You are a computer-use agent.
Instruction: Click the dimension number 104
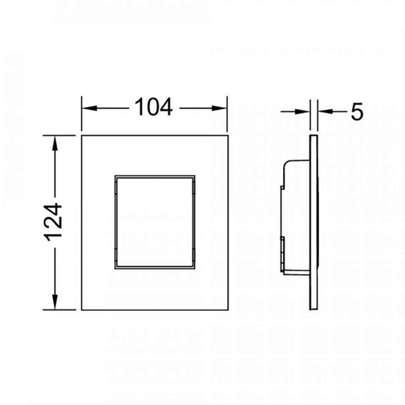pyautogui.click(x=154, y=107)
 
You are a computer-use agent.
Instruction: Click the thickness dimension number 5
pyautogui.click(x=357, y=112)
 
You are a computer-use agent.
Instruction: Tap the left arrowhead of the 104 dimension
pyautogui.click(x=89, y=108)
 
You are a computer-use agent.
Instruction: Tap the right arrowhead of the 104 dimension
pyautogui.click(x=219, y=108)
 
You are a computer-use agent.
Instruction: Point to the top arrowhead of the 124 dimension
pyautogui.click(x=54, y=143)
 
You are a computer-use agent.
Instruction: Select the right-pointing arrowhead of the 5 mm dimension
pyautogui.click(x=303, y=112)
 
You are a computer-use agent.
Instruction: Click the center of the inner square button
pyautogui.click(x=155, y=222)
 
